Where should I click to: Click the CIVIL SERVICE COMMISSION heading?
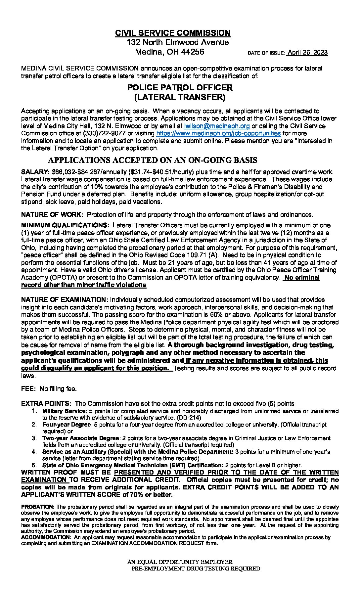point(173,33)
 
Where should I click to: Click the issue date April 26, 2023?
point(307,53)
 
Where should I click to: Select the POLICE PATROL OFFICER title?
point(180,88)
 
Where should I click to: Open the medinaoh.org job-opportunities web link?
point(218,133)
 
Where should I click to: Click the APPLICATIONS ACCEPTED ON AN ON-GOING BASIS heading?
point(153,160)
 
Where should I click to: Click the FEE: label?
point(28,389)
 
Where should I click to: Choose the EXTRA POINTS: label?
point(46,404)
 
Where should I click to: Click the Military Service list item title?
point(64,411)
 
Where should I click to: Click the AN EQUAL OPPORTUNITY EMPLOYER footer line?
point(180,562)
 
